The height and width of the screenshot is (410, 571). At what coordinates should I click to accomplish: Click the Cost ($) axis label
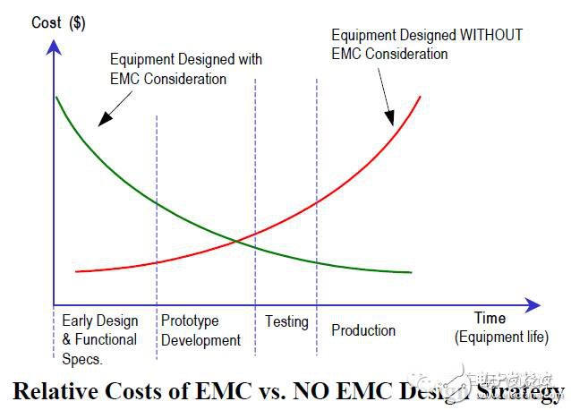59,23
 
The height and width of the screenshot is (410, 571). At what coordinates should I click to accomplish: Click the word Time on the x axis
490,319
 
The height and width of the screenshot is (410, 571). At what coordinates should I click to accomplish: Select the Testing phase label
286,321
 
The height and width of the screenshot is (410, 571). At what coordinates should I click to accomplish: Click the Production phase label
363,330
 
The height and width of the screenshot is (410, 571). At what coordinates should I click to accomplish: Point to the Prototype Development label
200,330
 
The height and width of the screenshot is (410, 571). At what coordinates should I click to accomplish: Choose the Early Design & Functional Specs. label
99,339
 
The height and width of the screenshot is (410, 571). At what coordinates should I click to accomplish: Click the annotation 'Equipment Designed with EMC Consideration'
186,69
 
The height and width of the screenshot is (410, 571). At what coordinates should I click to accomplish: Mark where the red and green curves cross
236,239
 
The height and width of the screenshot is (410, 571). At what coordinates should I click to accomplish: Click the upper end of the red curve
420,96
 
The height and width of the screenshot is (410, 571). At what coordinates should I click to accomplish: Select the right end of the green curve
411,271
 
